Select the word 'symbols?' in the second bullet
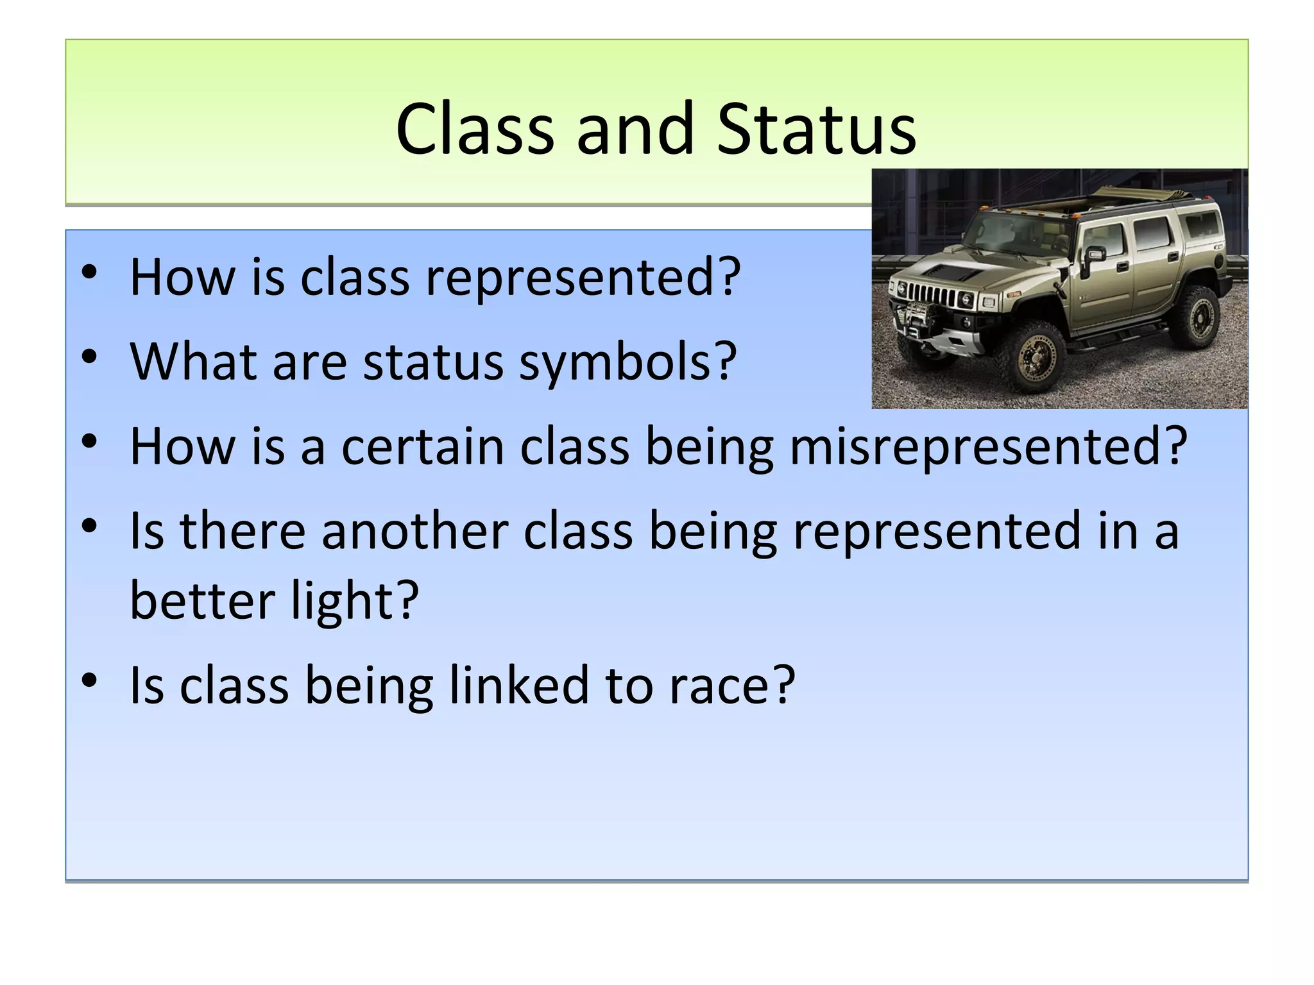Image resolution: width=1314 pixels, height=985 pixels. pos(627,363)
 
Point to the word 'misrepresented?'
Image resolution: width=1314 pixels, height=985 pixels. pos(988,448)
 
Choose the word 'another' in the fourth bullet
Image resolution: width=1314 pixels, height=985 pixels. pos(414,531)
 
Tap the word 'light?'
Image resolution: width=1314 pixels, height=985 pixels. pos(354,602)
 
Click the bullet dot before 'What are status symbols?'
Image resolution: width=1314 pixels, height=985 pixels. pos(89,357)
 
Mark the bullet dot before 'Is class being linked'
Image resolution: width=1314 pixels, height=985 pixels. pos(89,680)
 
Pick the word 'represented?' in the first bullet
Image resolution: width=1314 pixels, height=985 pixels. pos(583,278)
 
